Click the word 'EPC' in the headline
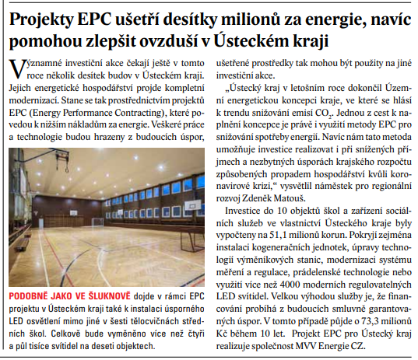(x=98, y=16)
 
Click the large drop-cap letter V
(x=13, y=67)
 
